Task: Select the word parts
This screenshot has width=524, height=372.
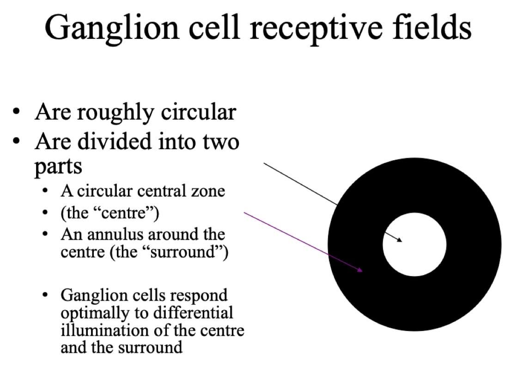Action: pos(58,166)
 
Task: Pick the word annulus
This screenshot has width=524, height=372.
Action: pos(111,234)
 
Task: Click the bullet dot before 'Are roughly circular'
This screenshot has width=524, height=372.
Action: pos(17,113)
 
